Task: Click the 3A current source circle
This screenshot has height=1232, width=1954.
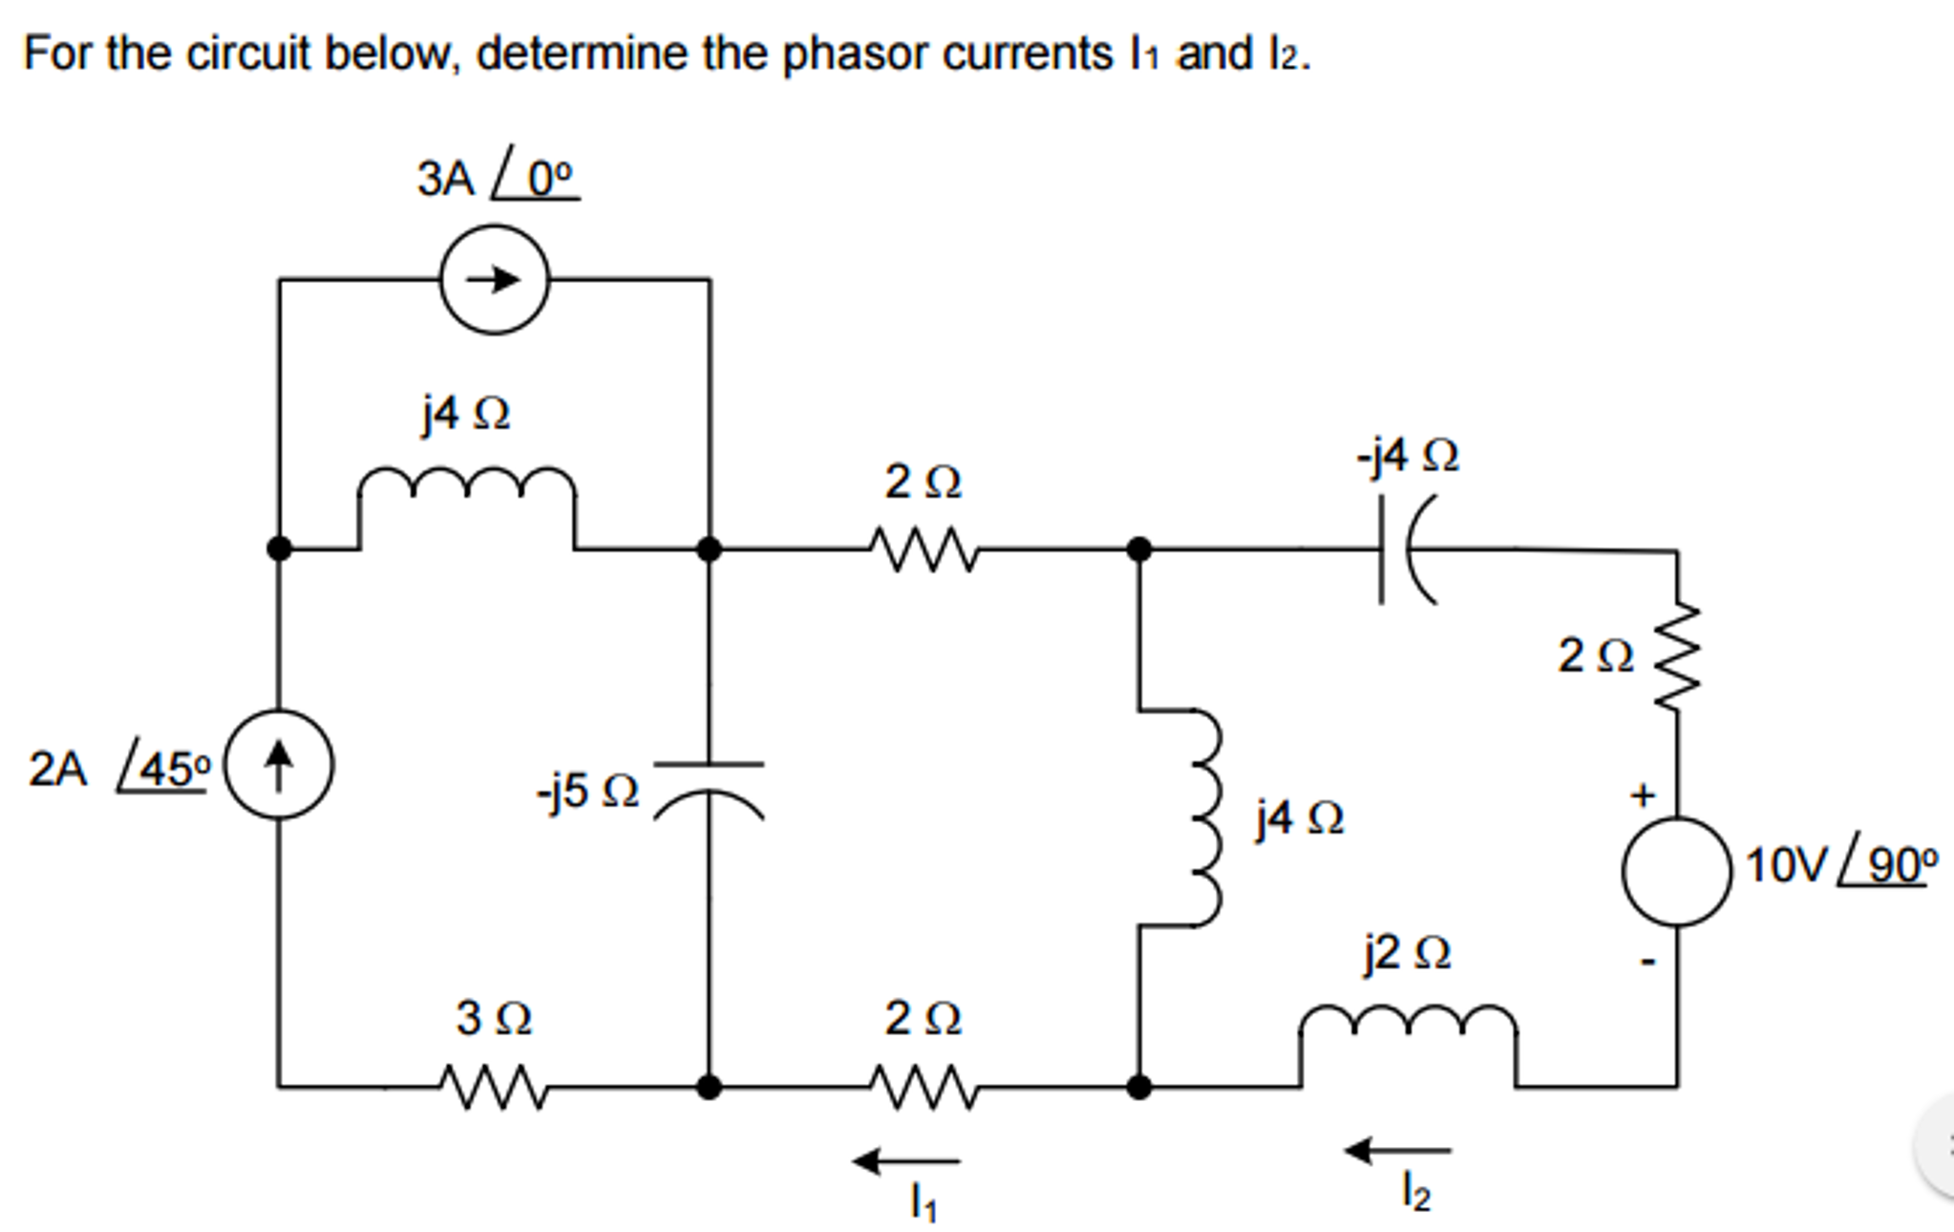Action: click(495, 280)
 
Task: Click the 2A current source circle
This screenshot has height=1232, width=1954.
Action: click(278, 765)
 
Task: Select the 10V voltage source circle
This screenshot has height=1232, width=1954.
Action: click(1676, 871)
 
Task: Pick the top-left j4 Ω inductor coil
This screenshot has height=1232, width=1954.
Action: click(466, 482)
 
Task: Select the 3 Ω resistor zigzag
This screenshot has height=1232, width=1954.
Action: click(493, 1087)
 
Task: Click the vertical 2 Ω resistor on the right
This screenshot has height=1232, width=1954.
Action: click(1678, 657)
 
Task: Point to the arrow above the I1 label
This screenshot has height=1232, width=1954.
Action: click(906, 1161)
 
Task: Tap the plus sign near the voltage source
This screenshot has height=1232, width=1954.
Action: click(1642, 795)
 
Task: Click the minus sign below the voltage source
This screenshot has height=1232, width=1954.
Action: click(1647, 961)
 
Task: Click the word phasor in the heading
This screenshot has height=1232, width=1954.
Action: click(856, 53)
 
